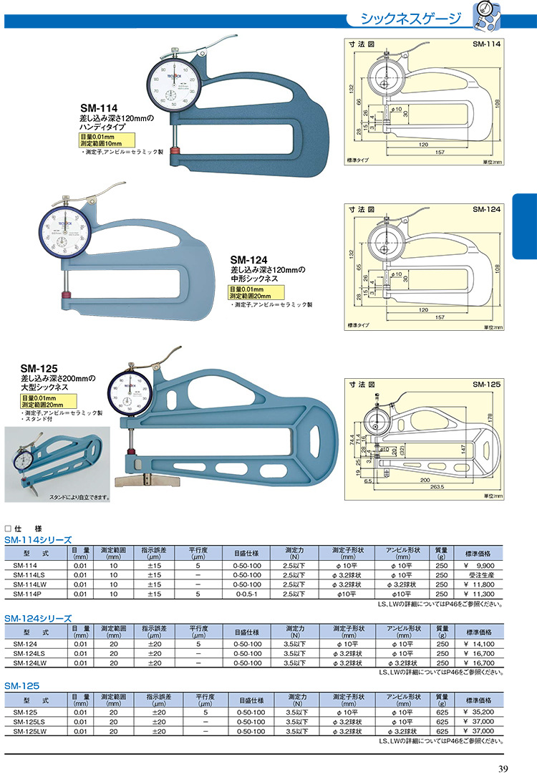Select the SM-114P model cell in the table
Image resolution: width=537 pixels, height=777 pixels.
(26, 594)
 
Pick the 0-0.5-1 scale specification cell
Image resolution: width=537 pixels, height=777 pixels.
(246, 594)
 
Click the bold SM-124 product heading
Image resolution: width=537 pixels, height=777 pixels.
(248, 260)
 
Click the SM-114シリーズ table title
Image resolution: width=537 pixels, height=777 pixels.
(38, 539)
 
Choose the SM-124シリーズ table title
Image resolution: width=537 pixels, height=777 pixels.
(38, 617)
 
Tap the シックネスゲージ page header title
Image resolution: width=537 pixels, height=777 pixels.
(410, 18)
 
